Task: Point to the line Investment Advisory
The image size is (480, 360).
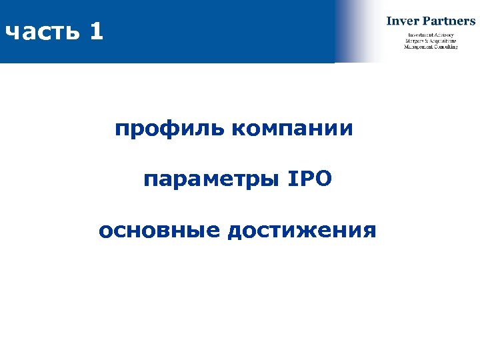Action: point(431,35)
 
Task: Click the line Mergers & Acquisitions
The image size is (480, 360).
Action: point(431,41)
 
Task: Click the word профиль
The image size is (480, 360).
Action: point(169,129)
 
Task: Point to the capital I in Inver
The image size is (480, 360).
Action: point(389,21)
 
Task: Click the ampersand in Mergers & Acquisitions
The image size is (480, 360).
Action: point(427,41)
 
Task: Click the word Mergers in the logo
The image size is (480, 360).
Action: point(414,41)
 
